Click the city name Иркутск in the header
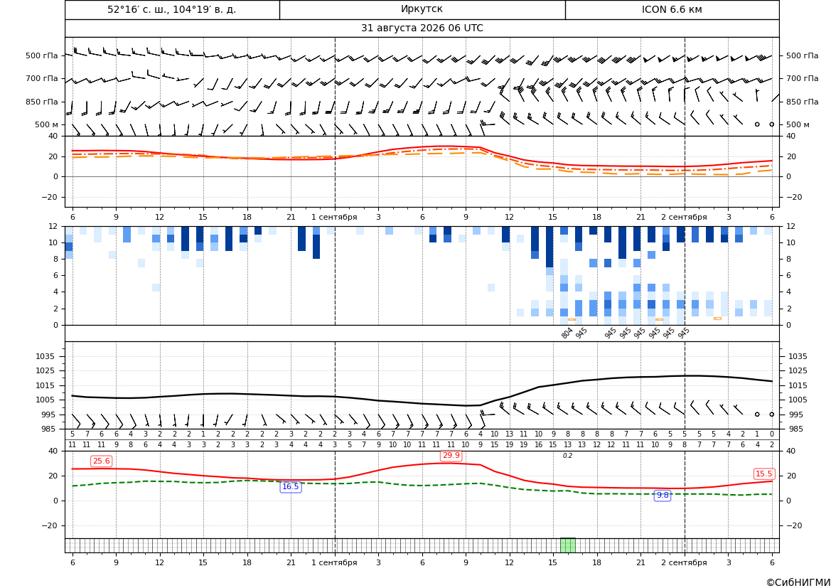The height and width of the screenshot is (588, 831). pyautogui.click(x=422, y=9)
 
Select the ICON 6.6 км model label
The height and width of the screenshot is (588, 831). pyautogui.click(x=672, y=9)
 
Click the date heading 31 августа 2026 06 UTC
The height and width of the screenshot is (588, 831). pyautogui.click(x=422, y=28)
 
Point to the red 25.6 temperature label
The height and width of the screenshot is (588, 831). pyautogui.click(x=101, y=461)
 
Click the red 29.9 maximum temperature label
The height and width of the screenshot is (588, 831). pyautogui.click(x=451, y=456)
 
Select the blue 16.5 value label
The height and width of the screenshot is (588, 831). pyautogui.click(x=291, y=487)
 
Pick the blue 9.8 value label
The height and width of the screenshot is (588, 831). pyautogui.click(x=663, y=495)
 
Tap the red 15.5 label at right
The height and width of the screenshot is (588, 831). pyautogui.click(x=763, y=474)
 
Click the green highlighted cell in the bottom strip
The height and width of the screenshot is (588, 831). pyautogui.click(x=567, y=545)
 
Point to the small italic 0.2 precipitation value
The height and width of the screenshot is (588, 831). pyautogui.click(x=567, y=456)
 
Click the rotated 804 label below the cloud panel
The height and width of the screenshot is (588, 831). pyautogui.click(x=567, y=333)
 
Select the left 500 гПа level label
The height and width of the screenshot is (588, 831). pyautogui.click(x=42, y=55)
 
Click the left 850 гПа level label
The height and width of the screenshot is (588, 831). pyautogui.click(x=42, y=102)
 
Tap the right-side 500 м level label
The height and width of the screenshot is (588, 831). pyautogui.click(x=798, y=124)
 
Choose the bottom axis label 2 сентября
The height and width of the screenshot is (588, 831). pyautogui.click(x=684, y=562)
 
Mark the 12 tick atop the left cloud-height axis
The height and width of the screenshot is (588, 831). pyautogui.click(x=53, y=226)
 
